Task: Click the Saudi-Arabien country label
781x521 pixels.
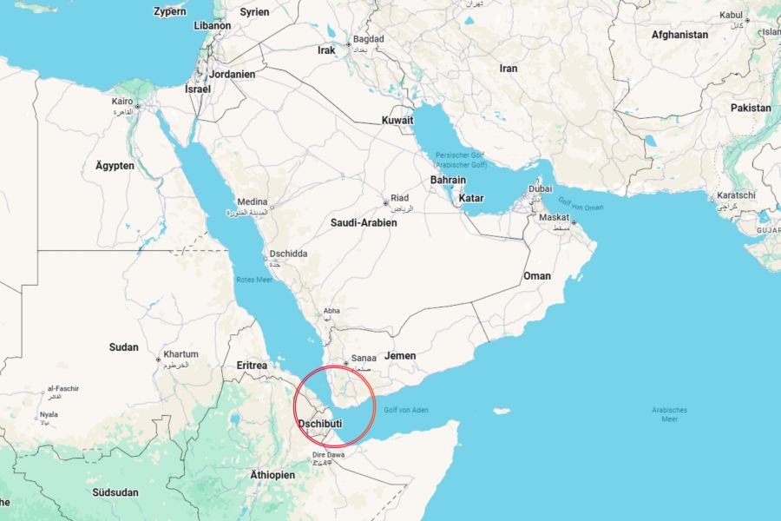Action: [x=364, y=223]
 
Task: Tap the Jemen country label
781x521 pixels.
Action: [x=400, y=356]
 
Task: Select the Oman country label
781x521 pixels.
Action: [x=536, y=276]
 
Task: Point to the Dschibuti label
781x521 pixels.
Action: [x=320, y=424]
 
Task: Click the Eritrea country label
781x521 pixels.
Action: [x=252, y=366]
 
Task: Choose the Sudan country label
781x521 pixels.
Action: [x=123, y=347]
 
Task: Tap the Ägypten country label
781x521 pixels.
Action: [x=115, y=165]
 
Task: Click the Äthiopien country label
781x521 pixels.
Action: [x=272, y=475]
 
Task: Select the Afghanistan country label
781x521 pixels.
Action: [x=679, y=36]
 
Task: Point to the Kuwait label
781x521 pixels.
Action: [x=397, y=120]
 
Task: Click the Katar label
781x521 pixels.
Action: [x=471, y=198]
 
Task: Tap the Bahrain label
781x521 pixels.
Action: [x=448, y=181]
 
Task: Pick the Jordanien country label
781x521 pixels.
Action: [x=232, y=75]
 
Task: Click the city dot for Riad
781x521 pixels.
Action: [x=385, y=203]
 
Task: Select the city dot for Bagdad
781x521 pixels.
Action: [x=349, y=44]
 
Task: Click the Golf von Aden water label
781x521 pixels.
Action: [x=406, y=409]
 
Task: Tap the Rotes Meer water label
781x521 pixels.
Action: [x=254, y=280]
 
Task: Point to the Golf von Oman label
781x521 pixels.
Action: [x=581, y=207]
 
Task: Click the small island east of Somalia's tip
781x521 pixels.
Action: [x=501, y=411]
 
